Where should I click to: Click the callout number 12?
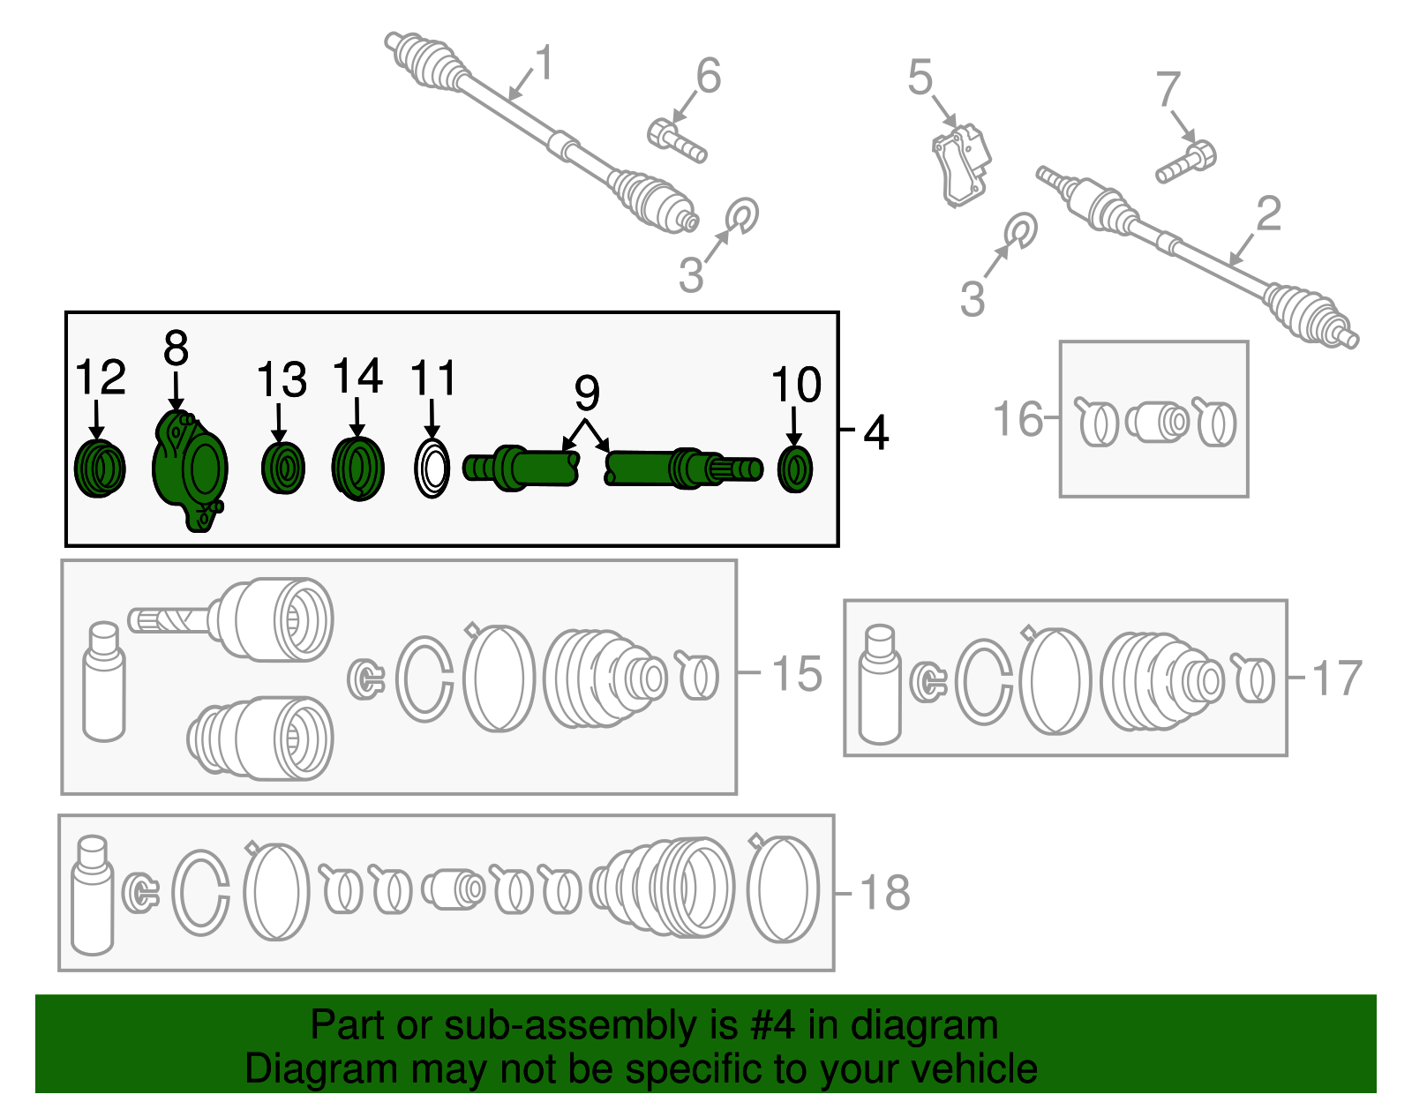[100, 379]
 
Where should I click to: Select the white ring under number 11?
[432, 469]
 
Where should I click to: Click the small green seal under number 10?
[794, 469]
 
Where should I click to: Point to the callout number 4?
[875, 432]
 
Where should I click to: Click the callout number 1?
[545, 64]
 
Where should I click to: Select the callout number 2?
[1268, 214]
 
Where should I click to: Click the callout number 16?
[1018, 418]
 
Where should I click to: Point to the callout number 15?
[796, 674]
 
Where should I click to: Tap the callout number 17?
[1337, 678]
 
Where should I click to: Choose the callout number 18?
[884, 893]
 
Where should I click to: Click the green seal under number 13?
[282, 468]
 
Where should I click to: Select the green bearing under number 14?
[357, 469]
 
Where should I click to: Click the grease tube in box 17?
[880, 685]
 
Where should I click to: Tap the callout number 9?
[587, 393]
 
